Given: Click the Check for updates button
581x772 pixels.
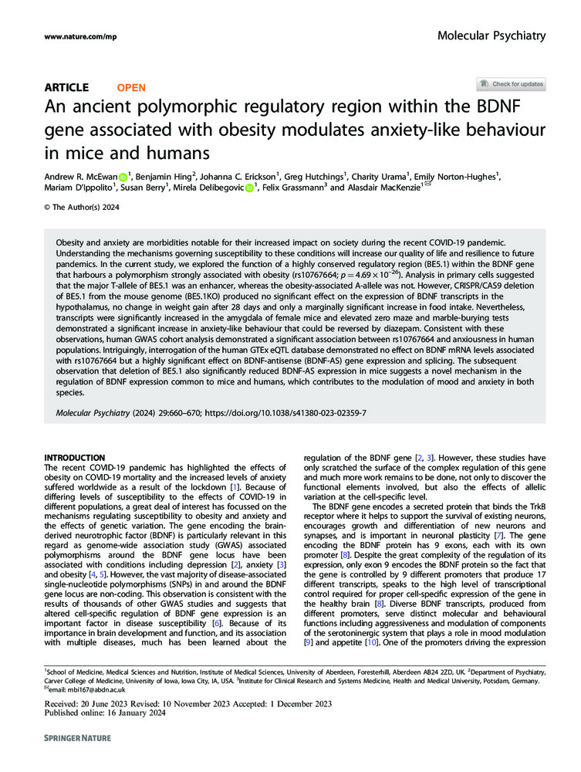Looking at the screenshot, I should (x=511, y=84).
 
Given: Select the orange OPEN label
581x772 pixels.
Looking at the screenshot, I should (x=130, y=88).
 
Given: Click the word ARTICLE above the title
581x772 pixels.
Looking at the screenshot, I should (x=66, y=88).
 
